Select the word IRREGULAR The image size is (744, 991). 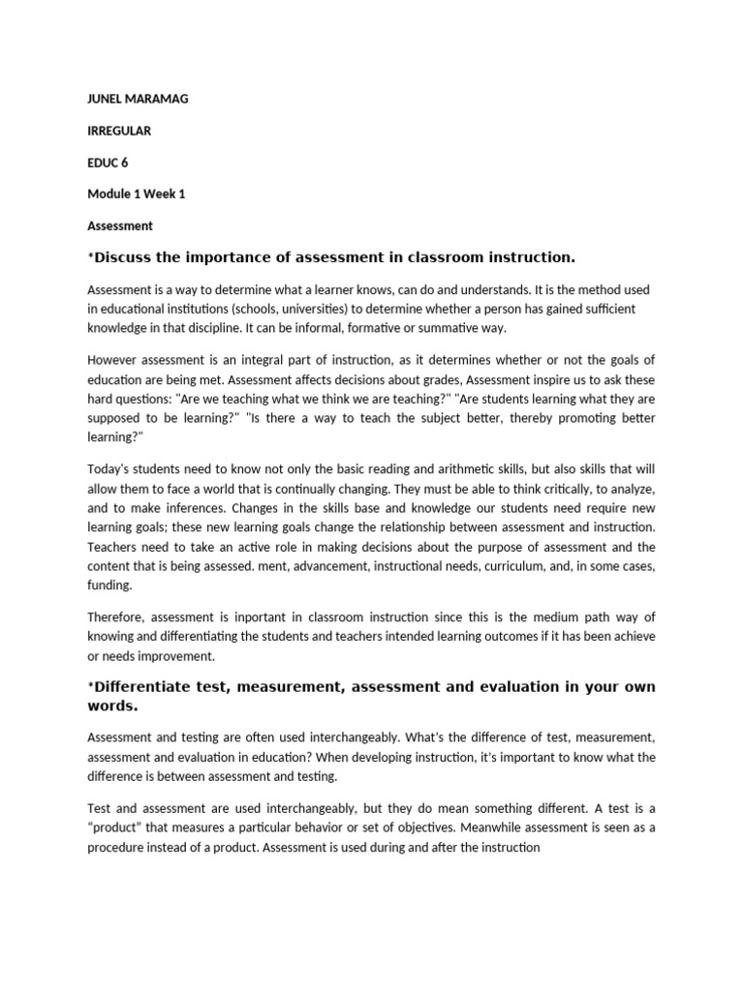coord(119,130)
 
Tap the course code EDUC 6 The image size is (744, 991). coord(108,162)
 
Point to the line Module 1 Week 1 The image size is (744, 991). coord(136,194)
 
